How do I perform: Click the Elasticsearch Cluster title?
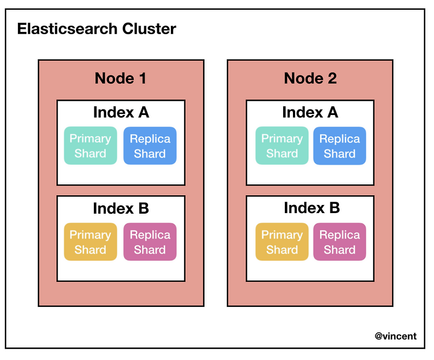click(x=97, y=29)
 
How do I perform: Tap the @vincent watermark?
click(x=395, y=336)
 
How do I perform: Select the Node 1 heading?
click(x=120, y=79)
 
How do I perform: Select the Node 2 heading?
click(x=310, y=79)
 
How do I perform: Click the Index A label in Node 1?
click(x=121, y=113)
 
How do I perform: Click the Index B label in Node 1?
click(x=121, y=209)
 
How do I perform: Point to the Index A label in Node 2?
click(x=310, y=113)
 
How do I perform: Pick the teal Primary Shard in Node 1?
click(x=90, y=146)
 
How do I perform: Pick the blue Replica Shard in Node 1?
click(x=150, y=146)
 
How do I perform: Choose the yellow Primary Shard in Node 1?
click(x=90, y=242)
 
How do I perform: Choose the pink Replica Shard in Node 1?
click(x=150, y=242)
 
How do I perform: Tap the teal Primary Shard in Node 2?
click(x=282, y=146)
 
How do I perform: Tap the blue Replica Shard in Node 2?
click(x=340, y=146)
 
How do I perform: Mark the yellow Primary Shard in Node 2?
click(x=282, y=242)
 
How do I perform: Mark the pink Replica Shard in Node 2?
click(x=340, y=242)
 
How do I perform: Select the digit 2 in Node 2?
click(x=331, y=79)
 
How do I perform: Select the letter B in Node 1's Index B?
click(x=143, y=209)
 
